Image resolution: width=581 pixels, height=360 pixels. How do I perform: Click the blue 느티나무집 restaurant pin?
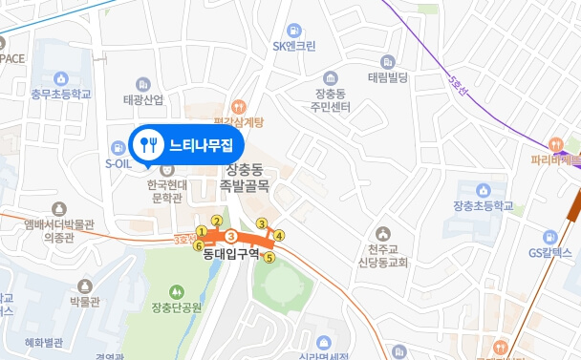[187, 145]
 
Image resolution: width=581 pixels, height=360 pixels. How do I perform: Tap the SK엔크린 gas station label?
[293, 45]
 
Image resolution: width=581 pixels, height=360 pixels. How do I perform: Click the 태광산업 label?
[143, 99]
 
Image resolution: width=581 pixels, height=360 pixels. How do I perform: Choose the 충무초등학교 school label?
[60, 95]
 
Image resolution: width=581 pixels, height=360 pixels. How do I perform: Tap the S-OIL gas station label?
[118, 163]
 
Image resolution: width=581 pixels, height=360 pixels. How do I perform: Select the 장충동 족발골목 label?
[246, 177]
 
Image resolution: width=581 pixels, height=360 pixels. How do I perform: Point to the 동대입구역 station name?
[232, 255]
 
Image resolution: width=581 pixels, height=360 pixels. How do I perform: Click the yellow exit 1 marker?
[202, 231]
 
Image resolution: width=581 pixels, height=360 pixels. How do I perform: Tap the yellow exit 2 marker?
[217, 222]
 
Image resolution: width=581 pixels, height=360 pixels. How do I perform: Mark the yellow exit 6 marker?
[199, 245]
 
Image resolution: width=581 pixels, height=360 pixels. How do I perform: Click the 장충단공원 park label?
[177, 307]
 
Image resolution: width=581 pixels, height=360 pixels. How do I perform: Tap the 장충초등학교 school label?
[484, 205]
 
